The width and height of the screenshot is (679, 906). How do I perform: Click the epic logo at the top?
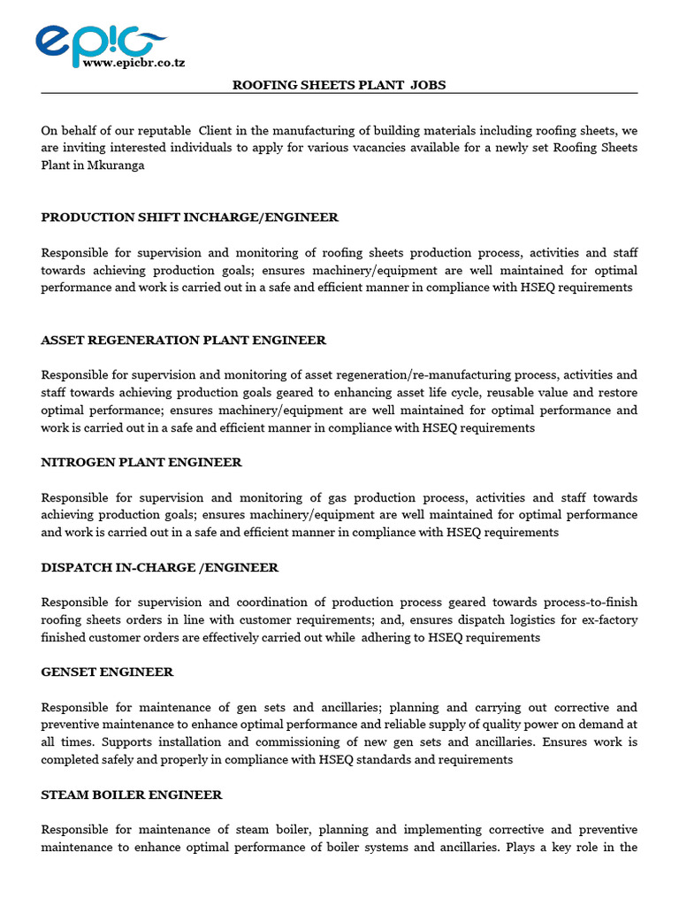[x=99, y=41]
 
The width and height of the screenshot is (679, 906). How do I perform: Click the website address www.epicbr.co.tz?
[x=133, y=63]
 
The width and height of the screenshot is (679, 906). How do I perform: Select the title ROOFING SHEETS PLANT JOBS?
[x=339, y=85]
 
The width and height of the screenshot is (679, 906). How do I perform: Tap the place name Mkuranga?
[x=116, y=165]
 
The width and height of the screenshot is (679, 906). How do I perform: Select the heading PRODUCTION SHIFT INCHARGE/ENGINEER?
[x=189, y=218]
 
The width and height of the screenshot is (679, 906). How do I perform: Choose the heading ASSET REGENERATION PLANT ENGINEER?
[x=183, y=340]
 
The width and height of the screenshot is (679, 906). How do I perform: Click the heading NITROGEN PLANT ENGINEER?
[x=141, y=463]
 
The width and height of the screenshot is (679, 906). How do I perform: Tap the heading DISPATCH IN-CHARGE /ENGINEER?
[x=159, y=567]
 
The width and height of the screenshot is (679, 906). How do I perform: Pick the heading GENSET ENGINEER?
[x=107, y=672]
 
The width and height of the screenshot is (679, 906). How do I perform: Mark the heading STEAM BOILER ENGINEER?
[x=132, y=795]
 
